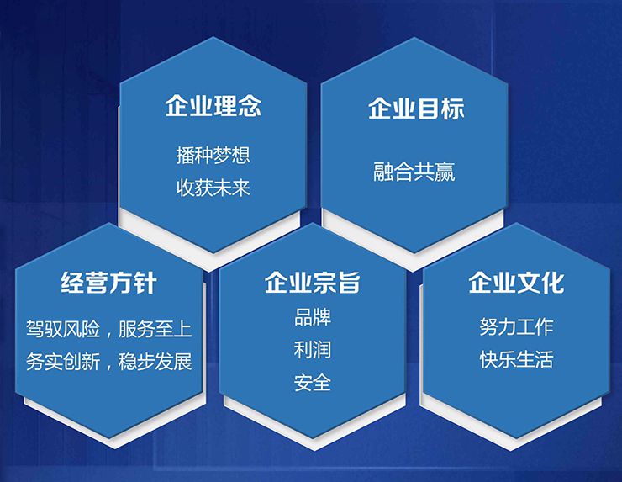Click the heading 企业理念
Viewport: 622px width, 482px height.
click(213, 107)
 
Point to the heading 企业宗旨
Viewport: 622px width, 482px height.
click(312, 283)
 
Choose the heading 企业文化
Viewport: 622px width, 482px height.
click(516, 283)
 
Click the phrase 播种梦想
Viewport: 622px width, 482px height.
click(213, 155)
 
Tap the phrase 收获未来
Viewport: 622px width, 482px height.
click(213, 186)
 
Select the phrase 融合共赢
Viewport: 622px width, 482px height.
click(414, 172)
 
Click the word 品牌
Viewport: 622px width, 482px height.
click(312, 318)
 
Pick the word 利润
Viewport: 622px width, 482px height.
click(312, 350)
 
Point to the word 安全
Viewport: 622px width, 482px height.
click(312, 383)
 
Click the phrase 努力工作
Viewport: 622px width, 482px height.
click(516, 327)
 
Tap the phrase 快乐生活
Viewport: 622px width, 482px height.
click(516, 360)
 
